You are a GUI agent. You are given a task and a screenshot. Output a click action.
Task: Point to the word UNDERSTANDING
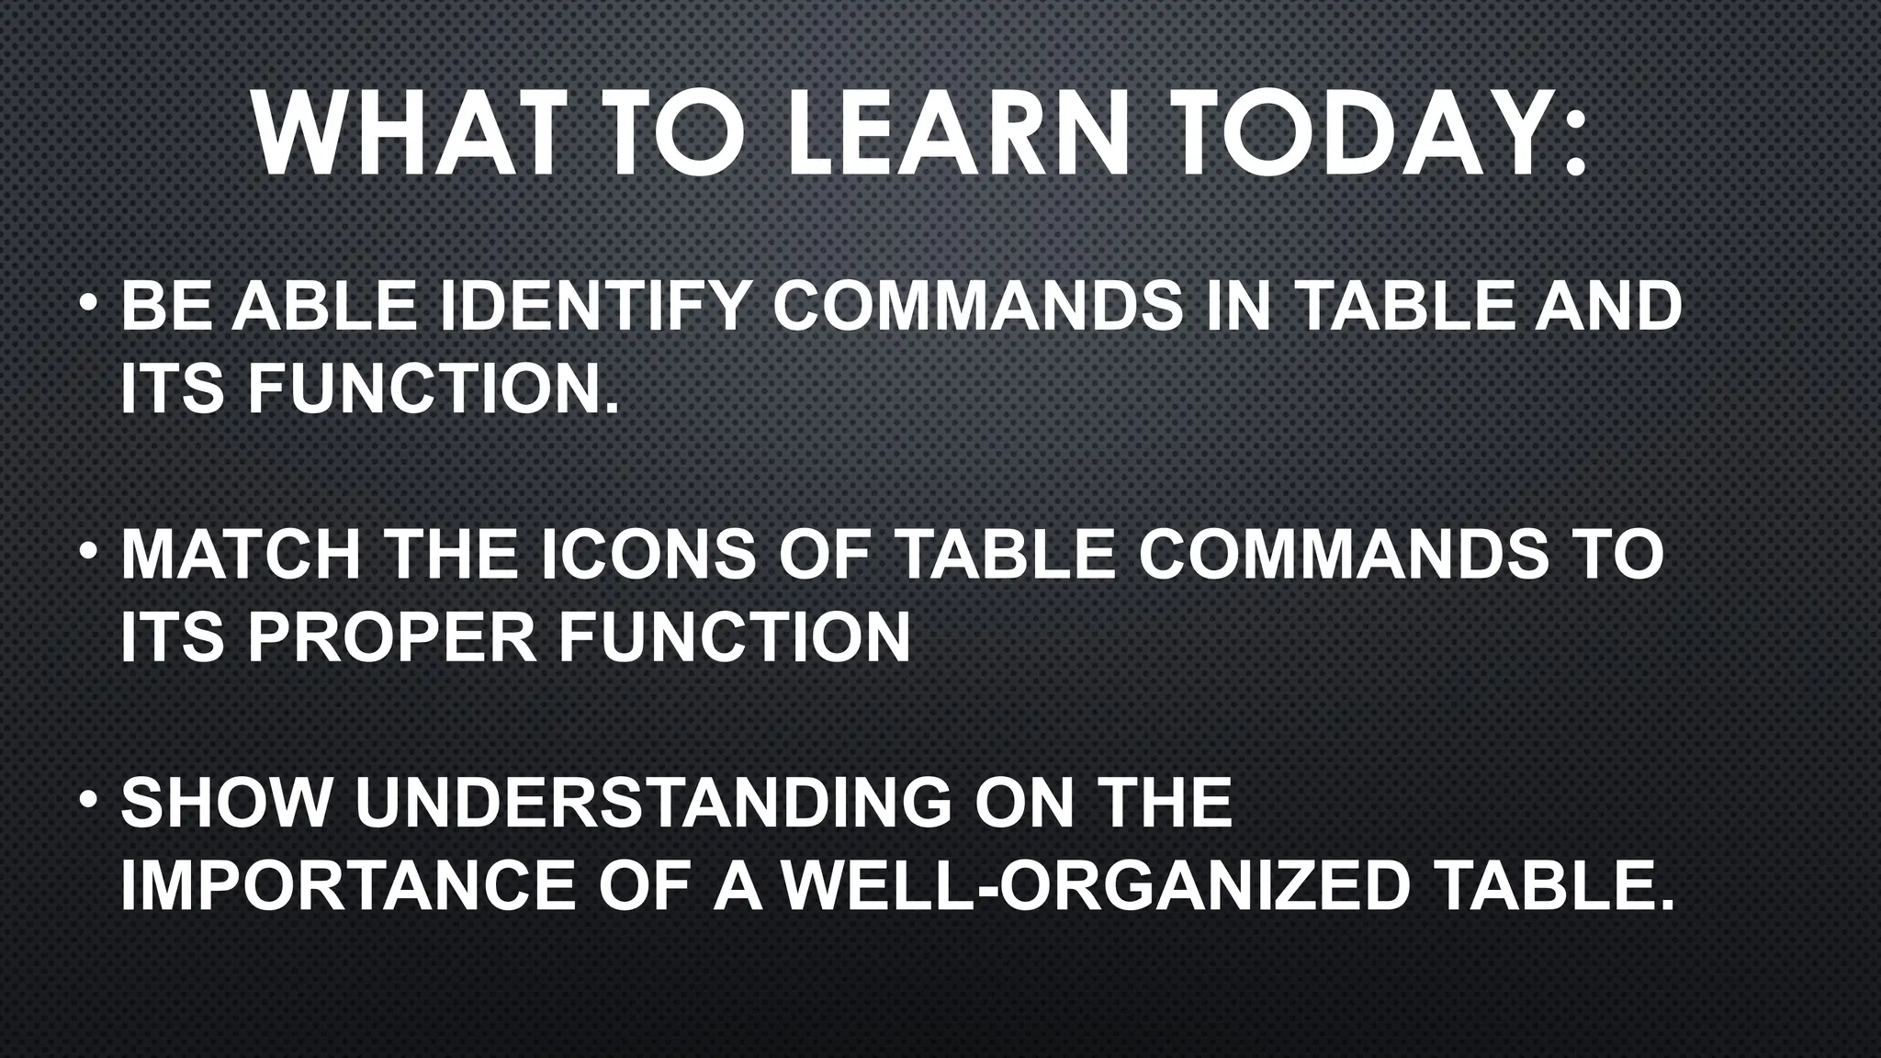[653, 803]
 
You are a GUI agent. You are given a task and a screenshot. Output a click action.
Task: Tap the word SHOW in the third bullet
[226, 803]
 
